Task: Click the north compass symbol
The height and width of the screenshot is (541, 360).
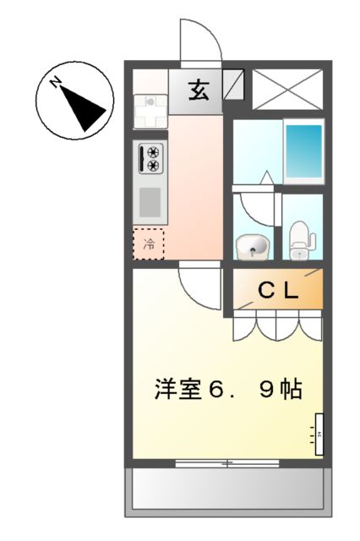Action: (x=76, y=104)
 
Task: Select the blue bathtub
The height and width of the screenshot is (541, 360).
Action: (x=303, y=150)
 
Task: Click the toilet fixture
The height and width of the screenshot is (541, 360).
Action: (x=300, y=241)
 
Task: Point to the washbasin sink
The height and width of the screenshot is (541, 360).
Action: (x=251, y=247)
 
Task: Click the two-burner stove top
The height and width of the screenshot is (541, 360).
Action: (x=153, y=161)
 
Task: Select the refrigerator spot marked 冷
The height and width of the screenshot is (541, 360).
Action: (x=149, y=245)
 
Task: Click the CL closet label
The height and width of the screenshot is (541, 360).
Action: (x=277, y=291)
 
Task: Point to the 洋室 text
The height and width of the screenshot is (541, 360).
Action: (x=177, y=391)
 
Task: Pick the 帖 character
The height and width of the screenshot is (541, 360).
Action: (x=290, y=391)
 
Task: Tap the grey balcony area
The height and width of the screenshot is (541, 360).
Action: (x=226, y=490)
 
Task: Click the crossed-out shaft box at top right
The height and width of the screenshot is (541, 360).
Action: (x=288, y=87)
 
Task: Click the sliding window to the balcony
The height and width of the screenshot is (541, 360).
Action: (x=226, y=463)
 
